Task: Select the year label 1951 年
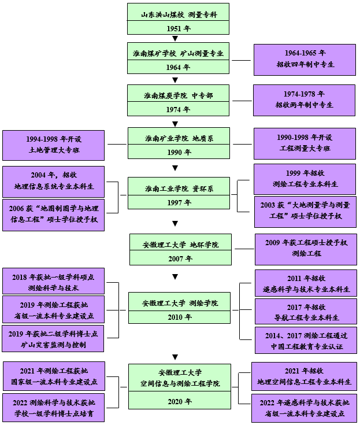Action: pyautogui.click(x=178, y=28)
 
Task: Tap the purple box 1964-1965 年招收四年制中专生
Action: pyautogui.click(x=305, y=59)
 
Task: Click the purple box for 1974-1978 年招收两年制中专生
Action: pyautogui.click(x=304, y=99)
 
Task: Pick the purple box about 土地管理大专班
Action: pyautogui.click(x=53, y=145)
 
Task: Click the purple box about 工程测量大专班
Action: pyautogui.click(x=304, y=143)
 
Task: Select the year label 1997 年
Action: pyautogui.click(x=178, y=203)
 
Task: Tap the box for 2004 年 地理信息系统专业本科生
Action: pyautogui.click(x=53, y=181)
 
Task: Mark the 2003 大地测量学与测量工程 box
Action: pyautogui.click(x=305, y=211)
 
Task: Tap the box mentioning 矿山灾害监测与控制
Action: pyautogui.click(x=53, y=339)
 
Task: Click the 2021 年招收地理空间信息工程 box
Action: pyautogui.click(x=304, y=376)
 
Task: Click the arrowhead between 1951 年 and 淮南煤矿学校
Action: pyautogui.click(x=175, y=39)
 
